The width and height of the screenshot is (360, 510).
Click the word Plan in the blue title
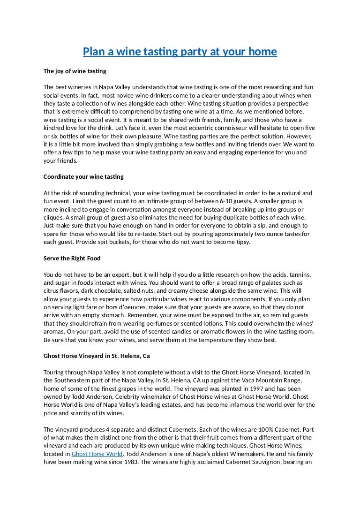click(x=93, y=51)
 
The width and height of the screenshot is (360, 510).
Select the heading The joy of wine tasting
click(x=75, y=71)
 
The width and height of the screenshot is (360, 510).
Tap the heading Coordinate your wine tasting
click(x=83, y=176)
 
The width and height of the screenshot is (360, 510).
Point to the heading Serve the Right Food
click(x=72, y=259)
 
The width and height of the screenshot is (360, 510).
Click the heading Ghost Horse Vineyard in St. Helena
click(x=97, y=356)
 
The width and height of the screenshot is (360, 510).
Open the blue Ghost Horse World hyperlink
click(x=97, y=454)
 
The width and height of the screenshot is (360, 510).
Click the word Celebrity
click(x=129, y=396)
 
